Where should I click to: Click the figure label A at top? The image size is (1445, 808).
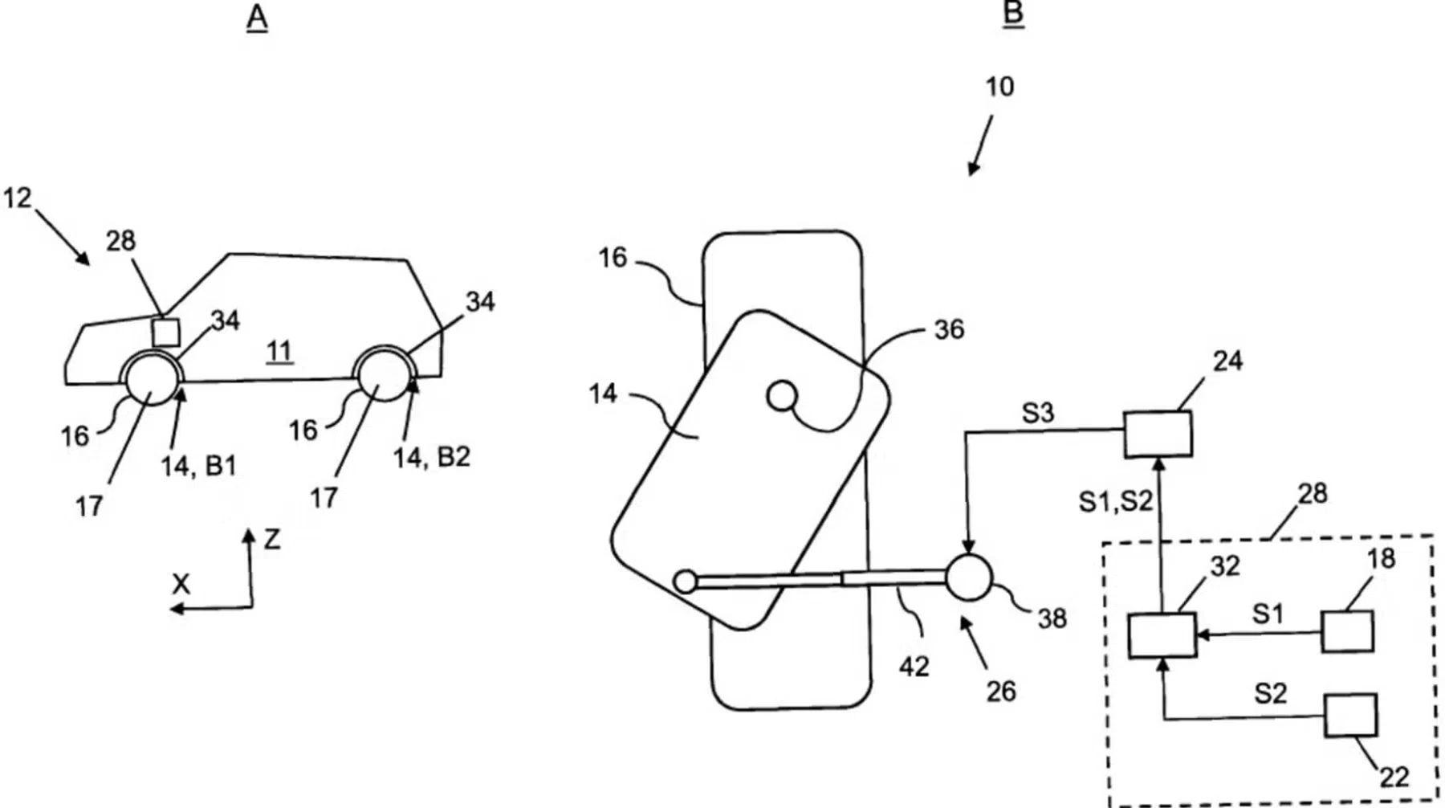256,17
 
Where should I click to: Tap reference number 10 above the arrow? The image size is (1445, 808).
999,86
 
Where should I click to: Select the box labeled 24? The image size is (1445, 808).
1157,434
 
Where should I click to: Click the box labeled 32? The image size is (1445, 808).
1162,635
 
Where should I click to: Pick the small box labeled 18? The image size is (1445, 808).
1346,631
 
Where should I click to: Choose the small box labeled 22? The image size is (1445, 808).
1349,715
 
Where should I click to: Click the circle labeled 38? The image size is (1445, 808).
968,577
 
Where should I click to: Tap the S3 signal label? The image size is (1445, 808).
1036,413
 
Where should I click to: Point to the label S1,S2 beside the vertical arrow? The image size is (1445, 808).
1115,501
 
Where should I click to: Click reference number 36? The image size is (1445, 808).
949,329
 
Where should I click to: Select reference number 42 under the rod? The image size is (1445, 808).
914,666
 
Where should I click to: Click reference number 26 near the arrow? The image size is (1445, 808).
1000,691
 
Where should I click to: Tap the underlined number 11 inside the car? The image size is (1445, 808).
279,351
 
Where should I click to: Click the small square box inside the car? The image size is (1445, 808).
166,332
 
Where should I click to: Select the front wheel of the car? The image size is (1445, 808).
152,380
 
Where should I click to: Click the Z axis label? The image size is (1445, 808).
272,540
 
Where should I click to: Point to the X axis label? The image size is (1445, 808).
181,584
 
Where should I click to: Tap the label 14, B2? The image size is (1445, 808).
431,457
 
